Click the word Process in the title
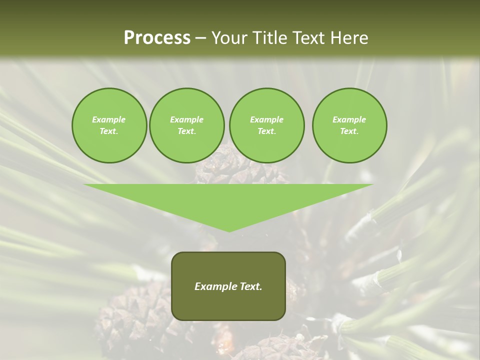[157, 38]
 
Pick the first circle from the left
[109, 125]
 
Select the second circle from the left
[186, 125]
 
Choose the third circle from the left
[266, 125]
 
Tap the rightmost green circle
[349, 125]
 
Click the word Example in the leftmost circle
[109, 120]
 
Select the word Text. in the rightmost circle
[349, 131]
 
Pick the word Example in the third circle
[266, 120]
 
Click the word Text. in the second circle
[186, 131]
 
